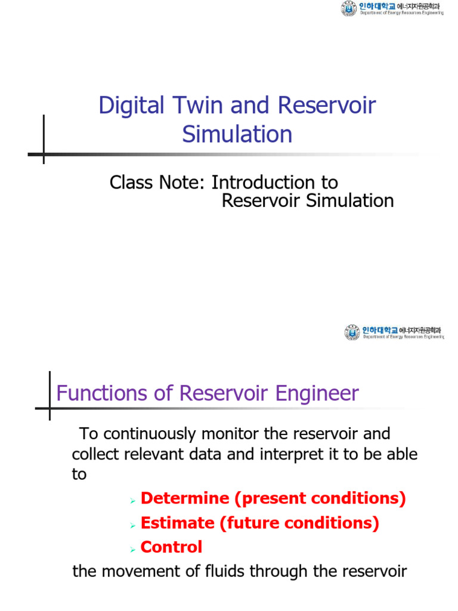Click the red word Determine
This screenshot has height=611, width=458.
coord(185,498)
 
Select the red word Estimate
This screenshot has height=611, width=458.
coord(177,523)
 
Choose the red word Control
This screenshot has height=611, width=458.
coord(171,547)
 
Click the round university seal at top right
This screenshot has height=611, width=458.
coord(348,9)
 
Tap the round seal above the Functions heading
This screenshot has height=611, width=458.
coord(352,332)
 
